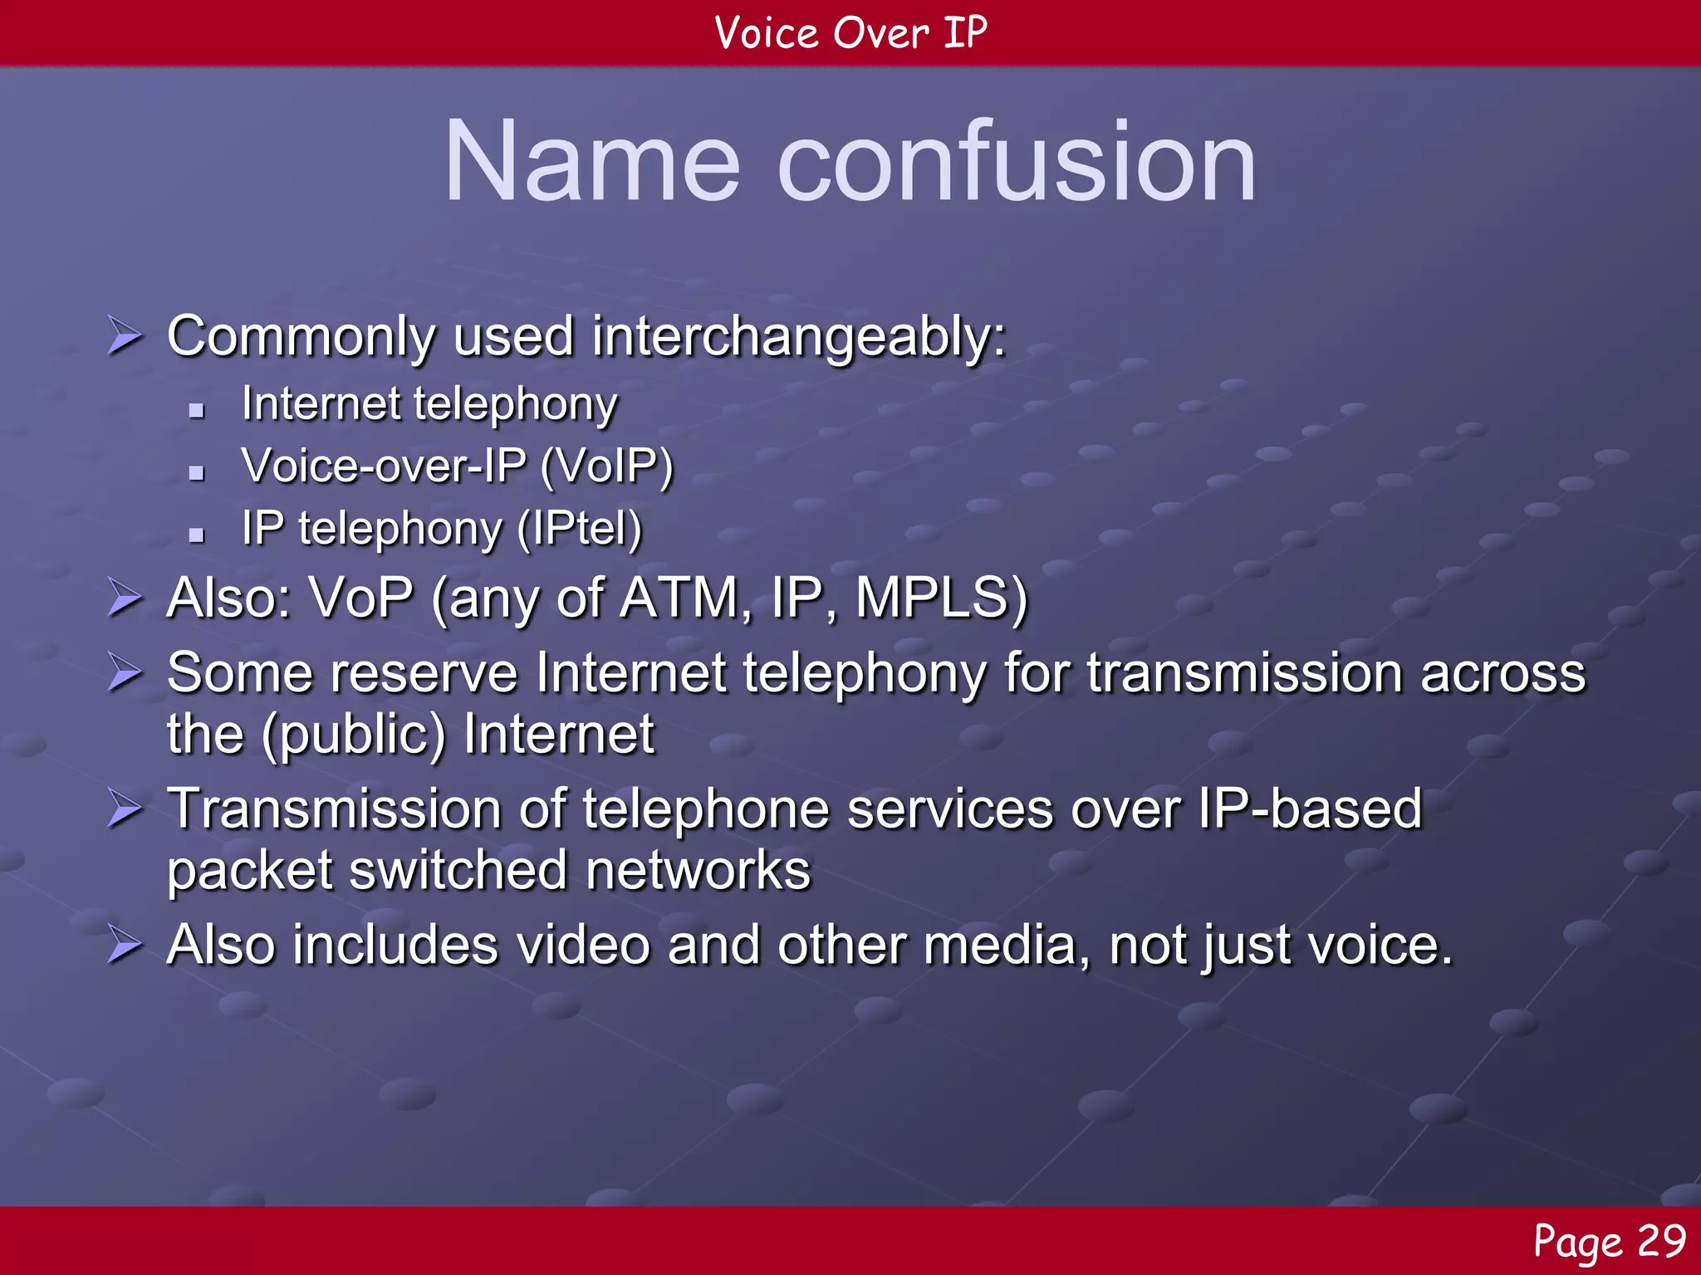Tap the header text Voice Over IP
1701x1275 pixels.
[850, 33]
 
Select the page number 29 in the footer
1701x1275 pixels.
[1660, 1241]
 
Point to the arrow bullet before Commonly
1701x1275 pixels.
[125, 338]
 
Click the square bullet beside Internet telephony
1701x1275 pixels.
[197, 409]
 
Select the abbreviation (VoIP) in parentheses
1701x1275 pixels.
[606, 466]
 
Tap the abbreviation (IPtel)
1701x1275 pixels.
[579, 529]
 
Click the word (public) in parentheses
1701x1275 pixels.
[354, 735]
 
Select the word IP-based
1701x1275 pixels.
[1310, 808]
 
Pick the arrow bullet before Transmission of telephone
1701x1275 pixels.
[125, 809]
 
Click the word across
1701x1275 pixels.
[1502, 672]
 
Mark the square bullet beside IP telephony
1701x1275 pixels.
[197, 535]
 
